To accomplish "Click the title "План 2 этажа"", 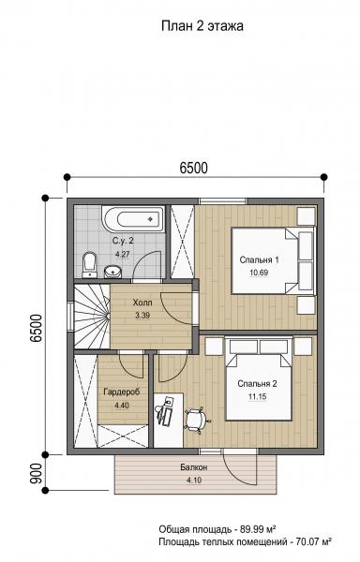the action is tap(202, 26).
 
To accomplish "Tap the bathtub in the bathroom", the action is tap(133, 218).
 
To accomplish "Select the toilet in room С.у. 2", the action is tap(89, 265).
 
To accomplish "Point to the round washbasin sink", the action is tap(112, 272).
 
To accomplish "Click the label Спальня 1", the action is tap(259, 259).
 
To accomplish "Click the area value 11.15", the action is tap(257, 397).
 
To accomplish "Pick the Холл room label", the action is tap(142, 303).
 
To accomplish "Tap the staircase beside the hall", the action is tap(92, 317).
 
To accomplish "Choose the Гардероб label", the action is tap(122, 392).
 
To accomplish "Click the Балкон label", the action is tap(194, 467).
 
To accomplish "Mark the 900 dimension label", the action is tap(37, 473).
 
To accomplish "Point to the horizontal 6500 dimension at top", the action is tap(194, 168).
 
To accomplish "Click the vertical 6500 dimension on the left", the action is tap(37, 328).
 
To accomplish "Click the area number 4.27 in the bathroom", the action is tap(122, 254).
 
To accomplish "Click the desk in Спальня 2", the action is tap(169, 420).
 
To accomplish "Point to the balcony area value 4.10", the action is tap(194, 481).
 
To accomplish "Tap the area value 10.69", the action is tap(259, 273).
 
